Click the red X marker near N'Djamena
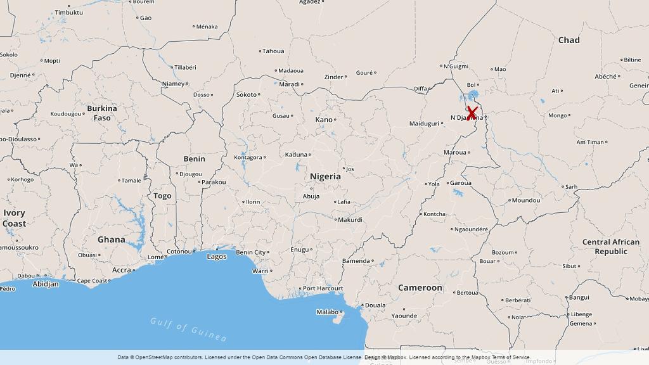[x=472, y=113]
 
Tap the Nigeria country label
[x=325, y=177]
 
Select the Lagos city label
[x=217, y=256]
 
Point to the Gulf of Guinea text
[x=188, y=328]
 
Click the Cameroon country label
[x=420, y=288]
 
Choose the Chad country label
[x=569, y=40]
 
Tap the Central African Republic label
[x=611, y=247]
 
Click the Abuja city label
[x=311, y=196]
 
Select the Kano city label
[x=323, y=120]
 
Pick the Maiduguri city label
[x=424, y=124]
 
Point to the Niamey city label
[x=173, y=84]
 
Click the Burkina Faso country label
[x=102, y=113]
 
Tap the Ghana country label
[x=112, y=240]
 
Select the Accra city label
[x=121, y=270]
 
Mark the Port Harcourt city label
[x=323, y=288]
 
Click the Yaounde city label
[x=404, y=316]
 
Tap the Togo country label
[x=162, y=196]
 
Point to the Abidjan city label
[x=46, y=284]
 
